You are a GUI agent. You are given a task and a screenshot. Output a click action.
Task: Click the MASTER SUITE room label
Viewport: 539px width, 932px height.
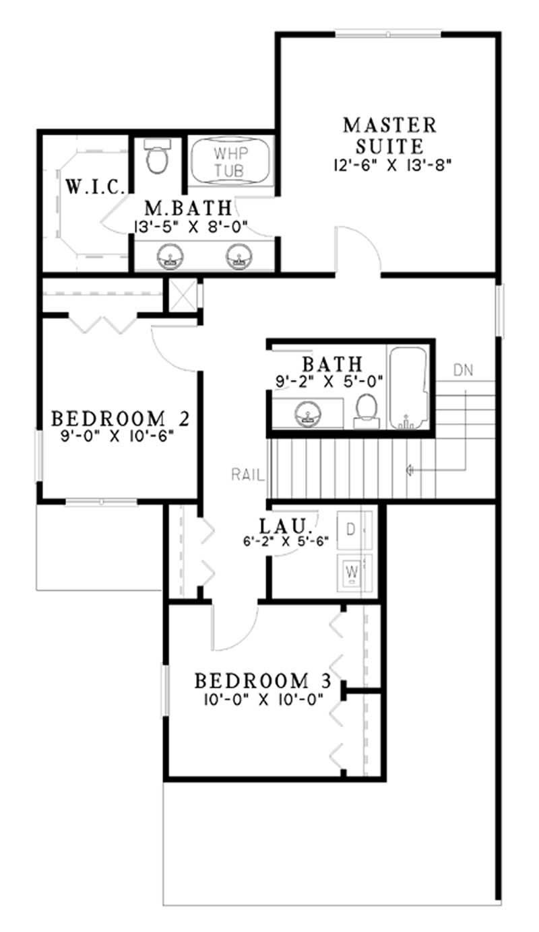tap(389, 135)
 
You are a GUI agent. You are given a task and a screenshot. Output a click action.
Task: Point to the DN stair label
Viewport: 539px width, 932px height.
tap(462, 369)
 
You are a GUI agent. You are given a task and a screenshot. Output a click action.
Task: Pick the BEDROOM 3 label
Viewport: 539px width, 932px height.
tap(263, 680)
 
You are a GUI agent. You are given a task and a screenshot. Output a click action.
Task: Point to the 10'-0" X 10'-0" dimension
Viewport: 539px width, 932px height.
tap(263, 699)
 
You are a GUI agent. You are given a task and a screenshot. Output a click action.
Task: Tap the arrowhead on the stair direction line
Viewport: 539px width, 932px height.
tap(409, 470)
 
